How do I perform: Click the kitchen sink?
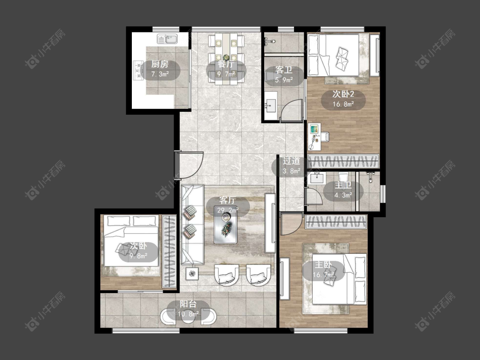click(x=167, y=39)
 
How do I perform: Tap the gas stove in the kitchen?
click(x=138, y=70)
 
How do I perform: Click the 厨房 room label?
click(x=160, y=64)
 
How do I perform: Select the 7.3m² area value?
click(x=160, y=74)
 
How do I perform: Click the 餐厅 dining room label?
click(x=226, y=64)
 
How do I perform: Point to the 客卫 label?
click(x=283, y=70)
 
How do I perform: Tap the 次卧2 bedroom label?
click(x=343, y=94)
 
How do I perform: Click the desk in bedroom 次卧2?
click(x=314, y=137)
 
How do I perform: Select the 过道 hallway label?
click(x=291, y=161)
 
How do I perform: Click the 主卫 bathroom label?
click(x=343, y=185)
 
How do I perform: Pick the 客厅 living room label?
click(x=227, y=200)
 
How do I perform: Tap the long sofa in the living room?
click(x=192, y=224)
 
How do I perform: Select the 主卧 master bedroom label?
click(x=323, y=264)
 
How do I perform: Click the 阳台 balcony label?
click(x=188, y=304)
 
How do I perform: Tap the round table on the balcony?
click(x=189, y=316)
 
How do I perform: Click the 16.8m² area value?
click(x=343, y=104)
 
